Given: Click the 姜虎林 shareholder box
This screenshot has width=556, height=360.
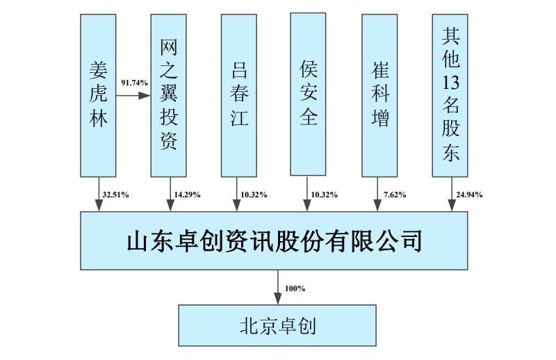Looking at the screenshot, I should coord(98,95).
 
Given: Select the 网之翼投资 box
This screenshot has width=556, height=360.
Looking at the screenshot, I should coord(169,95).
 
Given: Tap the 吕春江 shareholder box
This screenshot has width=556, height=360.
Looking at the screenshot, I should coord(239,95).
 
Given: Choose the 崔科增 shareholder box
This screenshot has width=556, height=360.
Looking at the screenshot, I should coord(379,95).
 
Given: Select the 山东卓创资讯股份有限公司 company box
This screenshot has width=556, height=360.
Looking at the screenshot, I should coord(274,241).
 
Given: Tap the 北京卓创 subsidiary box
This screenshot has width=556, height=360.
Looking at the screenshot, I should coord(277,325).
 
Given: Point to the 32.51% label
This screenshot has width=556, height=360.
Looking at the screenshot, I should coord(115,195).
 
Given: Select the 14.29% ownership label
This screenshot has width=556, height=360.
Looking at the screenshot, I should coord(187,195).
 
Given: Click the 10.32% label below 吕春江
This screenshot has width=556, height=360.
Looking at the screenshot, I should coord(254,195).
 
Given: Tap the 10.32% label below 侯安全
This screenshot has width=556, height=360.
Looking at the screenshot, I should coord(324,195).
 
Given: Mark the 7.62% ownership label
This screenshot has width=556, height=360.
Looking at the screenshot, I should coord(394,195).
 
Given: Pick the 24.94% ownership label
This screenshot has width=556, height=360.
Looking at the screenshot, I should coord(469,195).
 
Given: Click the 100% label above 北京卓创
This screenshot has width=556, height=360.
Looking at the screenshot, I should coord(295,288).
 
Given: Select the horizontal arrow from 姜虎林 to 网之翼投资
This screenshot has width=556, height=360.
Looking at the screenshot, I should coord(133,95).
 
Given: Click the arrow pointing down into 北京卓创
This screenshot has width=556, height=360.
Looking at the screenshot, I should coord(278,288).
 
